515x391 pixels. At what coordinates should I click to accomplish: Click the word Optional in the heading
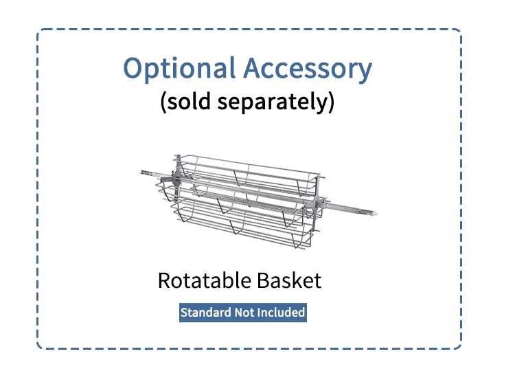point(179,69)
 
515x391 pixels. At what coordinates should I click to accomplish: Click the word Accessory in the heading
point(308,69)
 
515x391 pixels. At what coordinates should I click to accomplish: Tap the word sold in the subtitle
point(189,101)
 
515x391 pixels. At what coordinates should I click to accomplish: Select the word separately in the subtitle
point(273,102)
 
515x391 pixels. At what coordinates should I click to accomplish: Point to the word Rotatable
point(205,280)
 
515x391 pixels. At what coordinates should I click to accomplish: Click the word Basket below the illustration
point(289,280)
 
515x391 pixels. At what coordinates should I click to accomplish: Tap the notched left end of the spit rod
point(142,172)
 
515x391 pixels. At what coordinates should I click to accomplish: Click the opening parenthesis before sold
point(163,102)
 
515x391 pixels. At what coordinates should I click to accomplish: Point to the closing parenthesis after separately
point(331,102)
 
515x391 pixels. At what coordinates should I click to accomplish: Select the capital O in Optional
point(133,67)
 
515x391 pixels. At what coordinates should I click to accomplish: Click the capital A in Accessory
point(253,67)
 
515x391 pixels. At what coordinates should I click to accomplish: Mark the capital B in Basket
point(264,280)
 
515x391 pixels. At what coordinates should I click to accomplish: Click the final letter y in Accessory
point(365,72)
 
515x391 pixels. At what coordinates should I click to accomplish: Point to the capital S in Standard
point(184,313)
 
